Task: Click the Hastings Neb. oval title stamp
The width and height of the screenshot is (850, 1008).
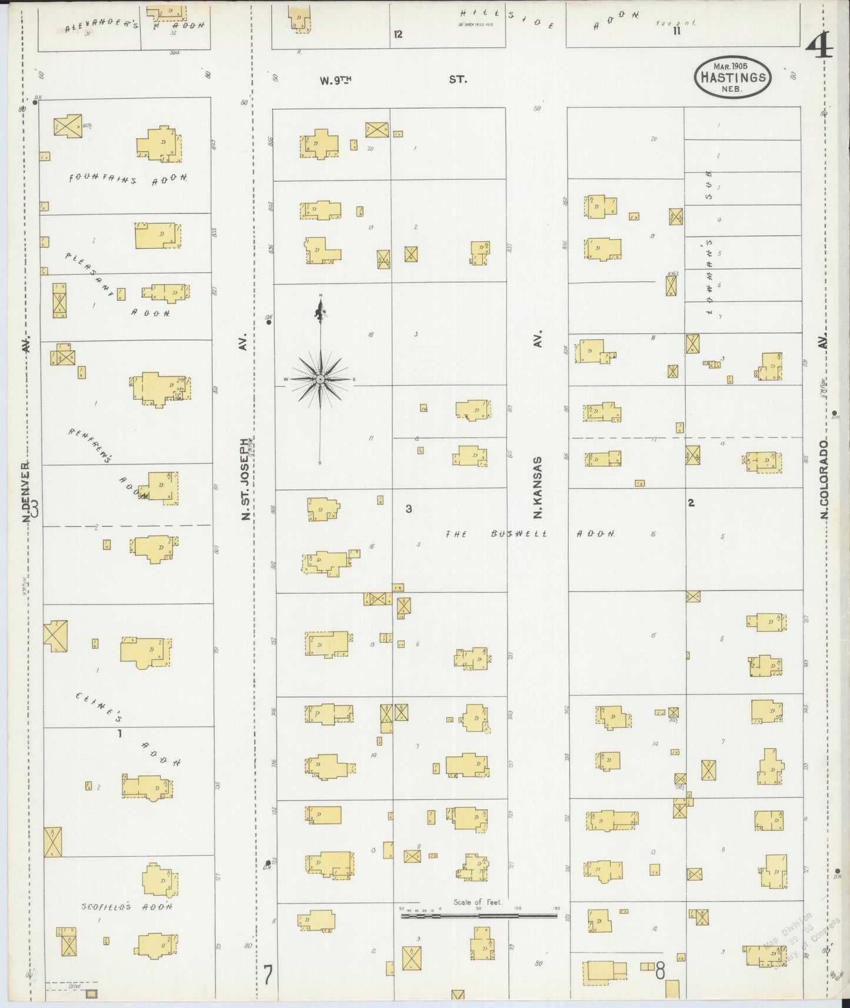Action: click(x=732, y=77)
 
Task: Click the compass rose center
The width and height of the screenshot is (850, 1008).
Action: click(x=319, y=380)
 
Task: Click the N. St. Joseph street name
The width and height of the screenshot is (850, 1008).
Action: click(x=246, y=478)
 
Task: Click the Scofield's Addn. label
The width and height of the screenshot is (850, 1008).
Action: click(x=127, y=906)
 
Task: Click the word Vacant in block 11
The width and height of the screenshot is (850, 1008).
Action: click(x=682, y=23)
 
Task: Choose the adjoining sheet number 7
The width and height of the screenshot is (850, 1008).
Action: click(x=267, y=976)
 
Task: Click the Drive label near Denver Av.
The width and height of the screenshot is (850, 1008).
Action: click(x=74, y=986)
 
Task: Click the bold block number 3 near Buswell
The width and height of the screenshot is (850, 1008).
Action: click(x=408, y=509)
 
